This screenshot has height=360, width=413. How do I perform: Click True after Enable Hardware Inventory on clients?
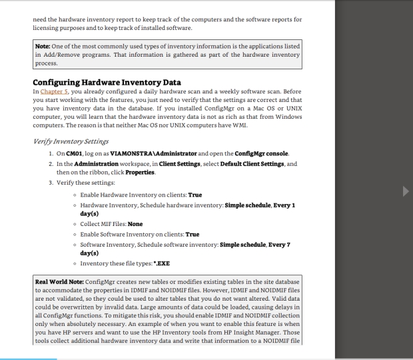tap(196, 195)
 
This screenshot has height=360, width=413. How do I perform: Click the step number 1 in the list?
tap(51, 155)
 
